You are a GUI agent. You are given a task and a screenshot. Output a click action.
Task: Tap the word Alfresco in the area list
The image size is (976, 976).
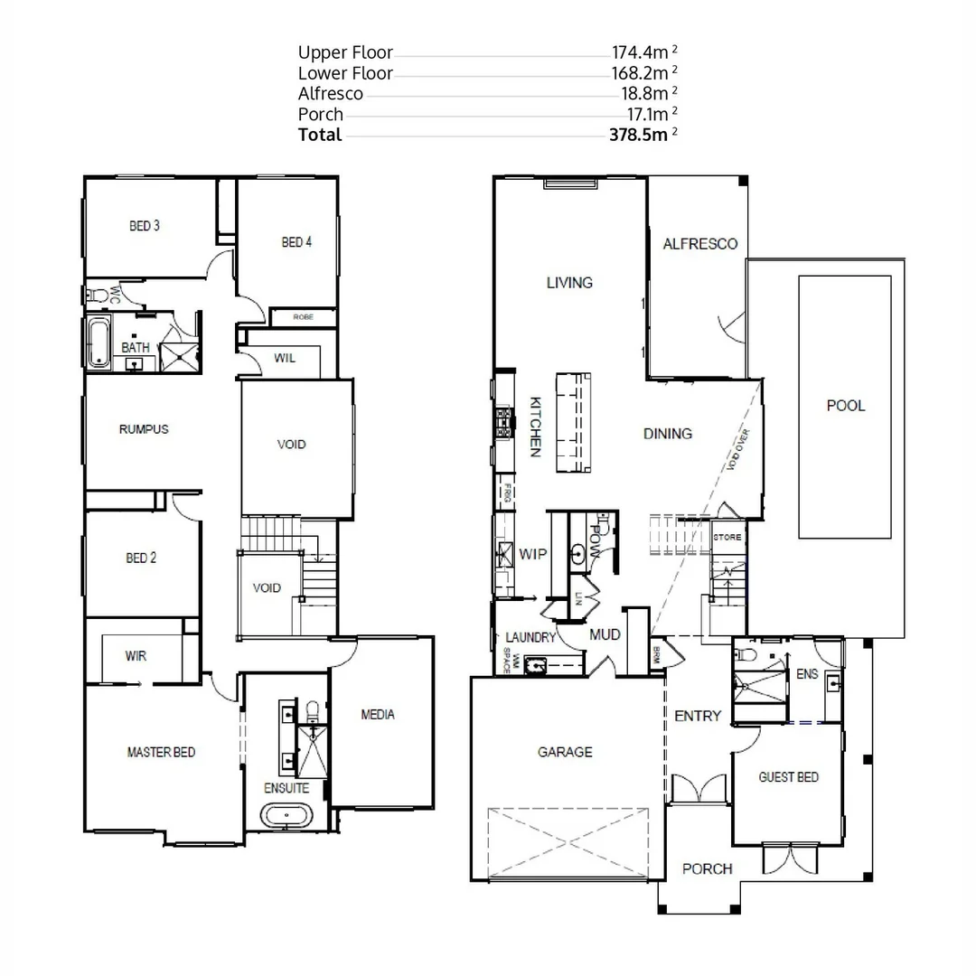coord(331,93)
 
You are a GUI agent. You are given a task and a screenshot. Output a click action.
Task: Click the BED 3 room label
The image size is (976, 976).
coord(145,226)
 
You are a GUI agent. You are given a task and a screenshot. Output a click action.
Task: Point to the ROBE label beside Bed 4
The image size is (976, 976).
coord(303,317)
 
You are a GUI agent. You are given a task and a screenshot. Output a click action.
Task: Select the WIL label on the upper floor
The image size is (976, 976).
coord(285,358)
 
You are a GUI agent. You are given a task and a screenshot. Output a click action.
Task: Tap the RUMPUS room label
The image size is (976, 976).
coord(144,429)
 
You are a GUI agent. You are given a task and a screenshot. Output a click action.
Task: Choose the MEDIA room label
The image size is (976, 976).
coord(378,715)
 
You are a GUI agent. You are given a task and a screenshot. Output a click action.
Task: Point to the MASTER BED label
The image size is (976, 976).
coord(161,752)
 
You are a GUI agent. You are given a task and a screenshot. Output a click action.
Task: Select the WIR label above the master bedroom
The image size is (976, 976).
coord(136,656)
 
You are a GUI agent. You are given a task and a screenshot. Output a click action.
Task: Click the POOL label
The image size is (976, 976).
coord(846,406)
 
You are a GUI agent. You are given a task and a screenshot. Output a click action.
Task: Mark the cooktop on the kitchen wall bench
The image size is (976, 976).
coord(503,422)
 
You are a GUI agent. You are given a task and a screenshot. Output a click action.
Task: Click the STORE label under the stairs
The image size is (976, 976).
coord(727,538)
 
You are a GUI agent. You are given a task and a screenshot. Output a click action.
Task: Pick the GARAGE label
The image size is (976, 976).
coord(565,752)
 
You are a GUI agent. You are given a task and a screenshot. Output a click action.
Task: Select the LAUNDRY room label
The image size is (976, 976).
coord(529,637)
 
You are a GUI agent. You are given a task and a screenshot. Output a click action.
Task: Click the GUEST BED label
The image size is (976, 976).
coord(788,777)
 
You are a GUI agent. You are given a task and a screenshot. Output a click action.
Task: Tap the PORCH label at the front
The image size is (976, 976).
coord(707,869)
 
